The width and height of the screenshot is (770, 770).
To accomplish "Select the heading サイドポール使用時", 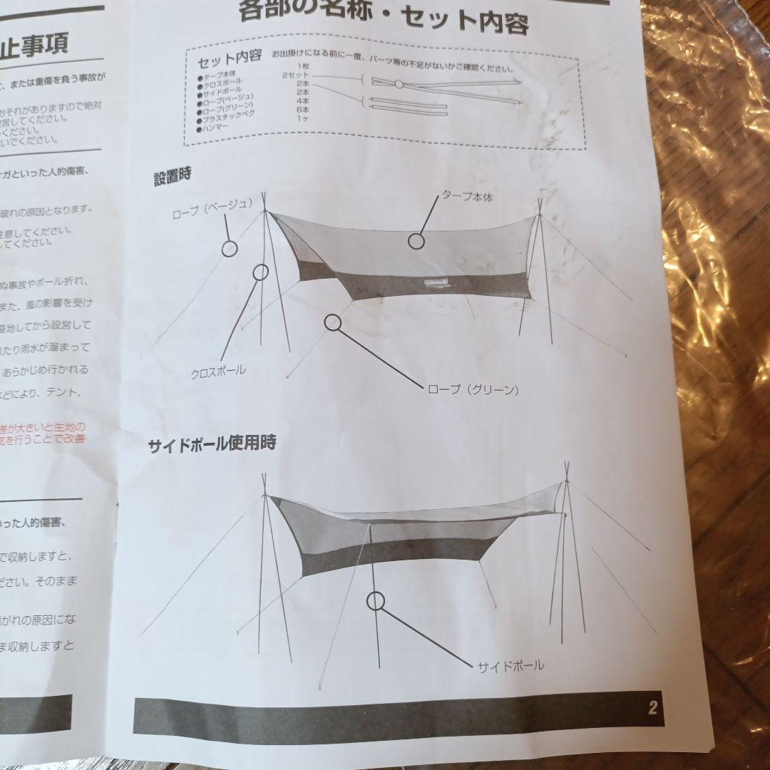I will tap(212, 443).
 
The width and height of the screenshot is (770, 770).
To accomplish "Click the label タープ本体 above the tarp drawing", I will tap(467, 196).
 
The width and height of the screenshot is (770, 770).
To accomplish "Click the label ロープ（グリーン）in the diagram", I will tap(472, 390).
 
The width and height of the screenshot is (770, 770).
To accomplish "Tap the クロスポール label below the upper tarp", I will tap(218, 371).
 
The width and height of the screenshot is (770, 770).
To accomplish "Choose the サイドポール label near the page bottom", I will tap(510, 665).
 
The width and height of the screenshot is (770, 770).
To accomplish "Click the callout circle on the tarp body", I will tap(416, 240).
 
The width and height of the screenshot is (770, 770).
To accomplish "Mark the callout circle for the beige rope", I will tap(230, 247).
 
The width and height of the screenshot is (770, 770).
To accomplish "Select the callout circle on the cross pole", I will tap(260, 272).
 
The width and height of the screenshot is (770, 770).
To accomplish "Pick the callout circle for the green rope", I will tap(333, 322).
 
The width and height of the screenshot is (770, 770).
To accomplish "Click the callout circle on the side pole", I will tap(376, 601).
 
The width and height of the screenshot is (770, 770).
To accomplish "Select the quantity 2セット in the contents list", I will tap(295, 75).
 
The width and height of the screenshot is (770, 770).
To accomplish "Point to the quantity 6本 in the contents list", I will tap(302, 110).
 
